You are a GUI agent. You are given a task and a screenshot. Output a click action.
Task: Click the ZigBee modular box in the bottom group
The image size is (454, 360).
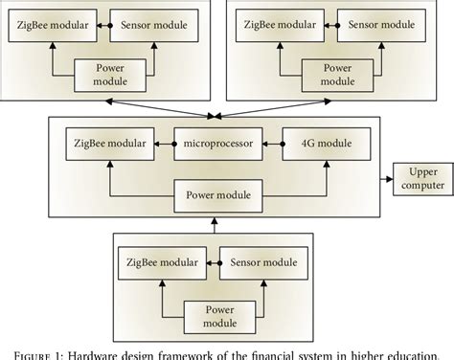coord(156,260)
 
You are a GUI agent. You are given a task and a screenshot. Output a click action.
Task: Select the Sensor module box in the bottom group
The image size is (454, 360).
coord(258,260)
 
